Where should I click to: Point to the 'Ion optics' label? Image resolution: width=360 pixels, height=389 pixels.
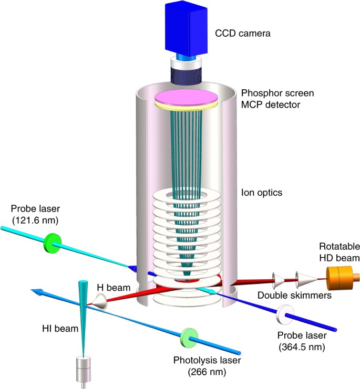[261, 193]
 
